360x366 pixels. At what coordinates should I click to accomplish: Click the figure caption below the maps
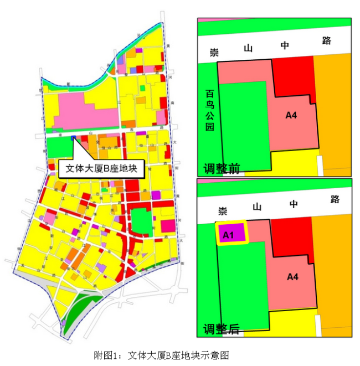click(161, 354)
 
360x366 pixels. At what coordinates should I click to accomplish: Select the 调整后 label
click(221, 329)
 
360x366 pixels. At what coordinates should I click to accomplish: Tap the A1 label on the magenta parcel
click(227, 235)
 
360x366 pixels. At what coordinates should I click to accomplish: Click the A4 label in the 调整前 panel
click(291, 115)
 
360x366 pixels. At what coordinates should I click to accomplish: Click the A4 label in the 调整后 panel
click(291, 277)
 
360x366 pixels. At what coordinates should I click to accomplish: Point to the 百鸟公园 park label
click(209, 110)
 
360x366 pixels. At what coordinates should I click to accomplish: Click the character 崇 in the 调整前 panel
click(214, 52)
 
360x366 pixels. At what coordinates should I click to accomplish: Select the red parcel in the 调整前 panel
click(294, 78)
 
